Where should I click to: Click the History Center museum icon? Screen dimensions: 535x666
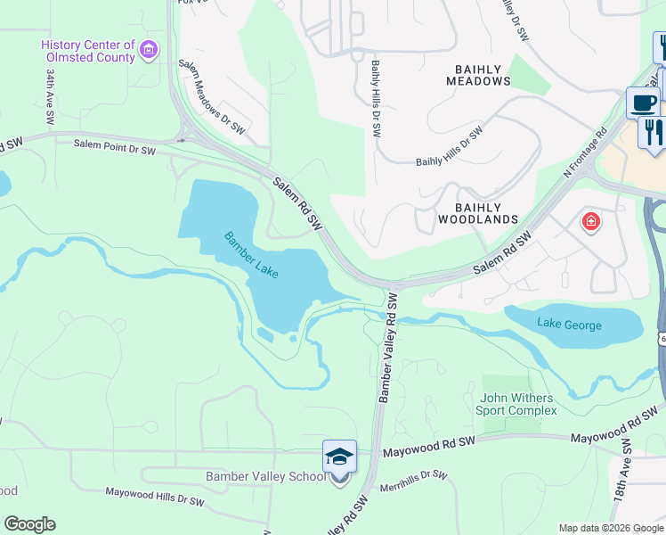click(x=149, y=49)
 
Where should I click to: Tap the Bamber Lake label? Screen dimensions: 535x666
click(x=251, y=255)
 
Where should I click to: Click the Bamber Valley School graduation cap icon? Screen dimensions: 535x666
click(x=339, y=457)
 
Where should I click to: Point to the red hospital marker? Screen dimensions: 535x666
click(x=590, y=222)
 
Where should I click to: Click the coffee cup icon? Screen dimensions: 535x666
click(x=642, y=102)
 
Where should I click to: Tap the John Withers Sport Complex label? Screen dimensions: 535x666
click(x=518, y=404)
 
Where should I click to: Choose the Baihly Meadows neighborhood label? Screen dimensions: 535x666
click(x=479, y=75)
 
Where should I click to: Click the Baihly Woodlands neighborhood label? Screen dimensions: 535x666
click(x=478, y=212)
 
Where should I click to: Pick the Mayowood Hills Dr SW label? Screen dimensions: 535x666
click(x=155, y=498)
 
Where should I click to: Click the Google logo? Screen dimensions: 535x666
click(x=29, y=524)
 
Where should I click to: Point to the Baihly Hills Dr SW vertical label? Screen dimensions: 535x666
click(x=377, y=98)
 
